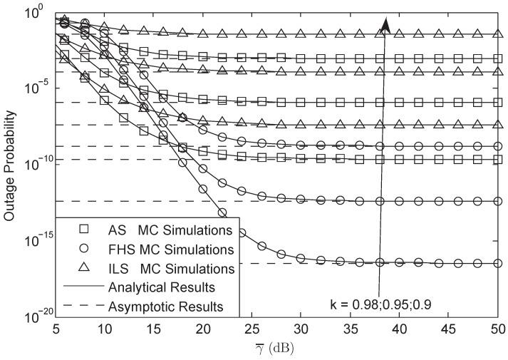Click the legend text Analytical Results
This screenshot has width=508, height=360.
161,287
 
